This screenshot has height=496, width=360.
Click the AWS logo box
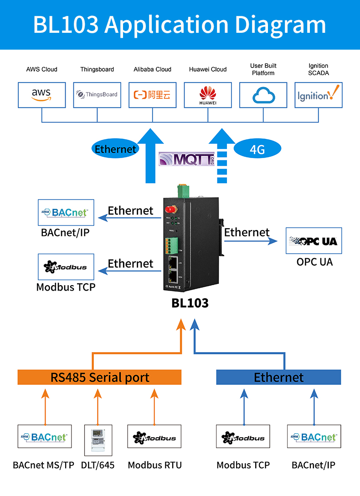[x=42, y=95]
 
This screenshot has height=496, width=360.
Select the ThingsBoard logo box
[x=97, y=95]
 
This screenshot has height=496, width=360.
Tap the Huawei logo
[x=208, y=95]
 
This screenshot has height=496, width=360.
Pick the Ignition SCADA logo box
[x=319, y=95]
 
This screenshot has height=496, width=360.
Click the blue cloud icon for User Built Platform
[x=263, y=95]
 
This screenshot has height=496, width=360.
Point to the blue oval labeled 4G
[x=257, y=149]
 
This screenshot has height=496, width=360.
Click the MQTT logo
[x=186, y=159]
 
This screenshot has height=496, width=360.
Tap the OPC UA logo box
[x=314, y=241]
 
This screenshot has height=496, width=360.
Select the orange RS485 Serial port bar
[x=99, y=377]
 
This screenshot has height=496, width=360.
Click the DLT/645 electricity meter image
[x=98, y=440]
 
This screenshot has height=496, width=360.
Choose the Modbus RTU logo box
[x=154, y=438]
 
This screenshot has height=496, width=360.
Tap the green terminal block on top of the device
[x=184, y=189]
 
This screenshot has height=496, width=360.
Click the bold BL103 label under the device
[x=190, y=303]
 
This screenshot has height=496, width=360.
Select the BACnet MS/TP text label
[x=43, y=465]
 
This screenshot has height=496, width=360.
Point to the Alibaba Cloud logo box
[x=153, y=95]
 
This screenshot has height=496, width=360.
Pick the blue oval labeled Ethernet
[x=115, y=149]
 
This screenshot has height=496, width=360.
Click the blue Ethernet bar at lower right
[x=278, y=377]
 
